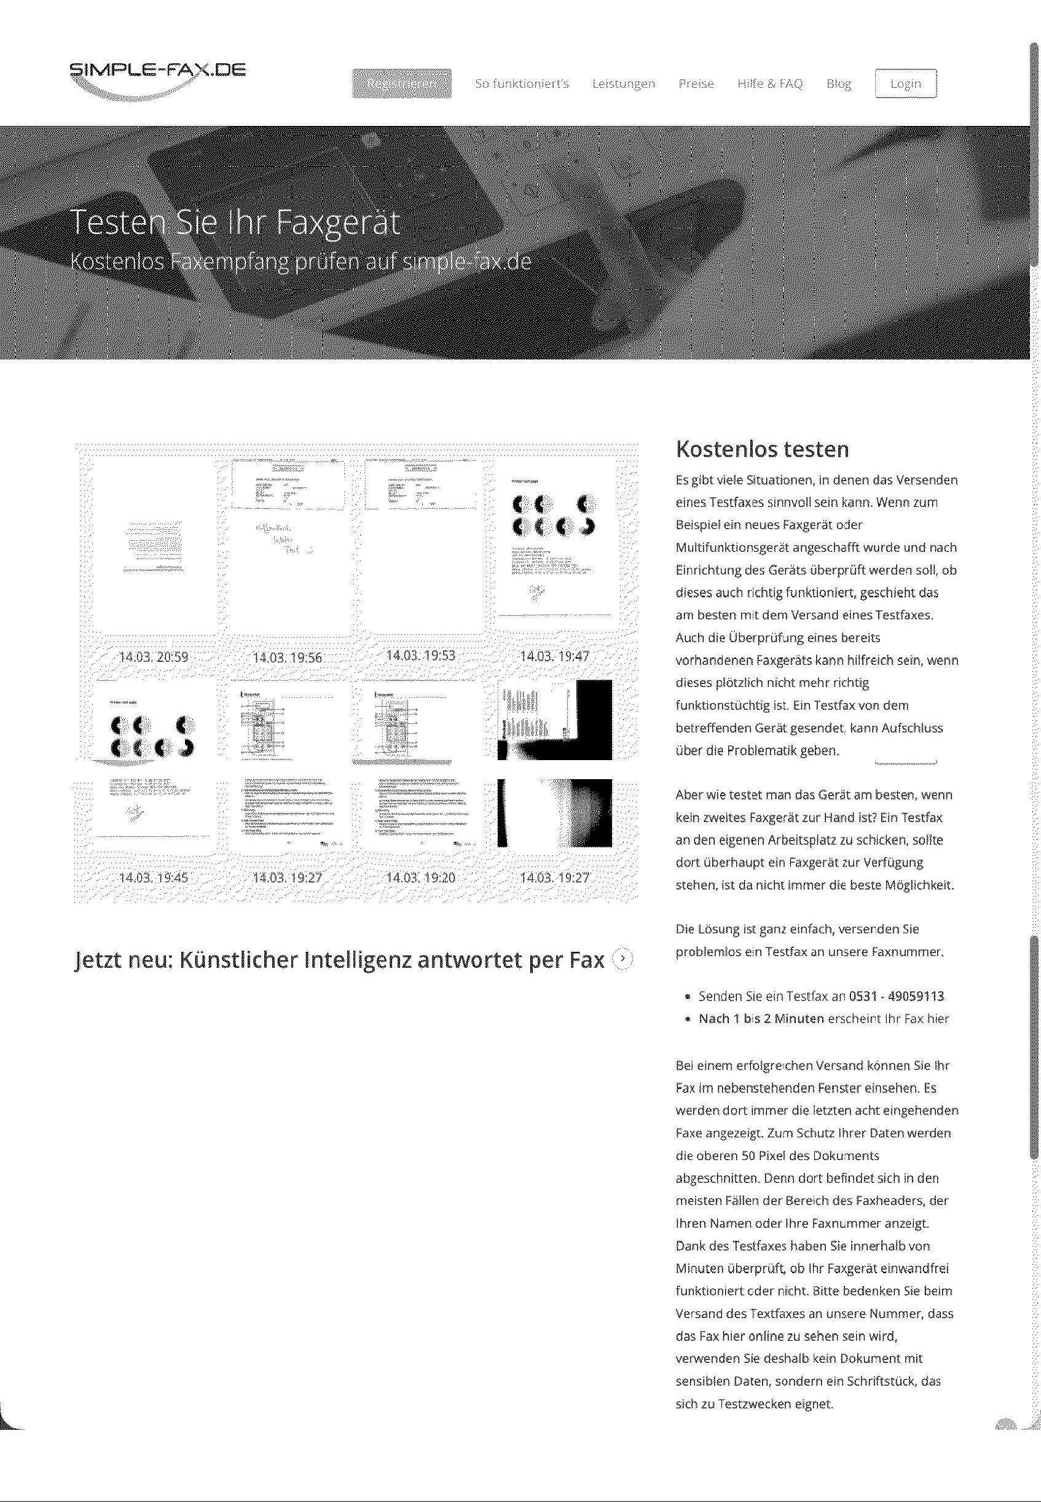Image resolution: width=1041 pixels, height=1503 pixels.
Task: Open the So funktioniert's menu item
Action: (522, 84)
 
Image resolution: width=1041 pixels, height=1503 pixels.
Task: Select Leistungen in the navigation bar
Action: (624, 84)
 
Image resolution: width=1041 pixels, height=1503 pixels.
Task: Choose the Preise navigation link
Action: (696, 84)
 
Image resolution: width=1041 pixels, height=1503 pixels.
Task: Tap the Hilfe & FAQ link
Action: (769, 84)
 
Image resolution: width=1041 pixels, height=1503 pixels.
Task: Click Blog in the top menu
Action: (839, 84)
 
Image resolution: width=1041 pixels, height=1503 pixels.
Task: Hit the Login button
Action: (905, 84)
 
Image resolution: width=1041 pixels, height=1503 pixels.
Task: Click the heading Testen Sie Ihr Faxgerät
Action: (234, 222)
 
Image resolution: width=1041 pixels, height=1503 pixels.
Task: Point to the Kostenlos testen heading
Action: (762, 449)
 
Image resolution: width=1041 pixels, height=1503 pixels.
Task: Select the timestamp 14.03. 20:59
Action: (153, 657)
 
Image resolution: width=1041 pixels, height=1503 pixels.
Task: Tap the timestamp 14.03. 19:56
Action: (287, 657)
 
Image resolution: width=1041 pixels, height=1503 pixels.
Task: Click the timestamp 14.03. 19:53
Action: (421, 654)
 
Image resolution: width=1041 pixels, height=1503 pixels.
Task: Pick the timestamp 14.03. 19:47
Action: (554, 656)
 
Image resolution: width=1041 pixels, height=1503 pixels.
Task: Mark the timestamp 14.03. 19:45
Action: (153, 877)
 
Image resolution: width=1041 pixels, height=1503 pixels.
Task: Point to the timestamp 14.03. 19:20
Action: (421, 877)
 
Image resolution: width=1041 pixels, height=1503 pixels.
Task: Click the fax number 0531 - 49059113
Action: (896, 995)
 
